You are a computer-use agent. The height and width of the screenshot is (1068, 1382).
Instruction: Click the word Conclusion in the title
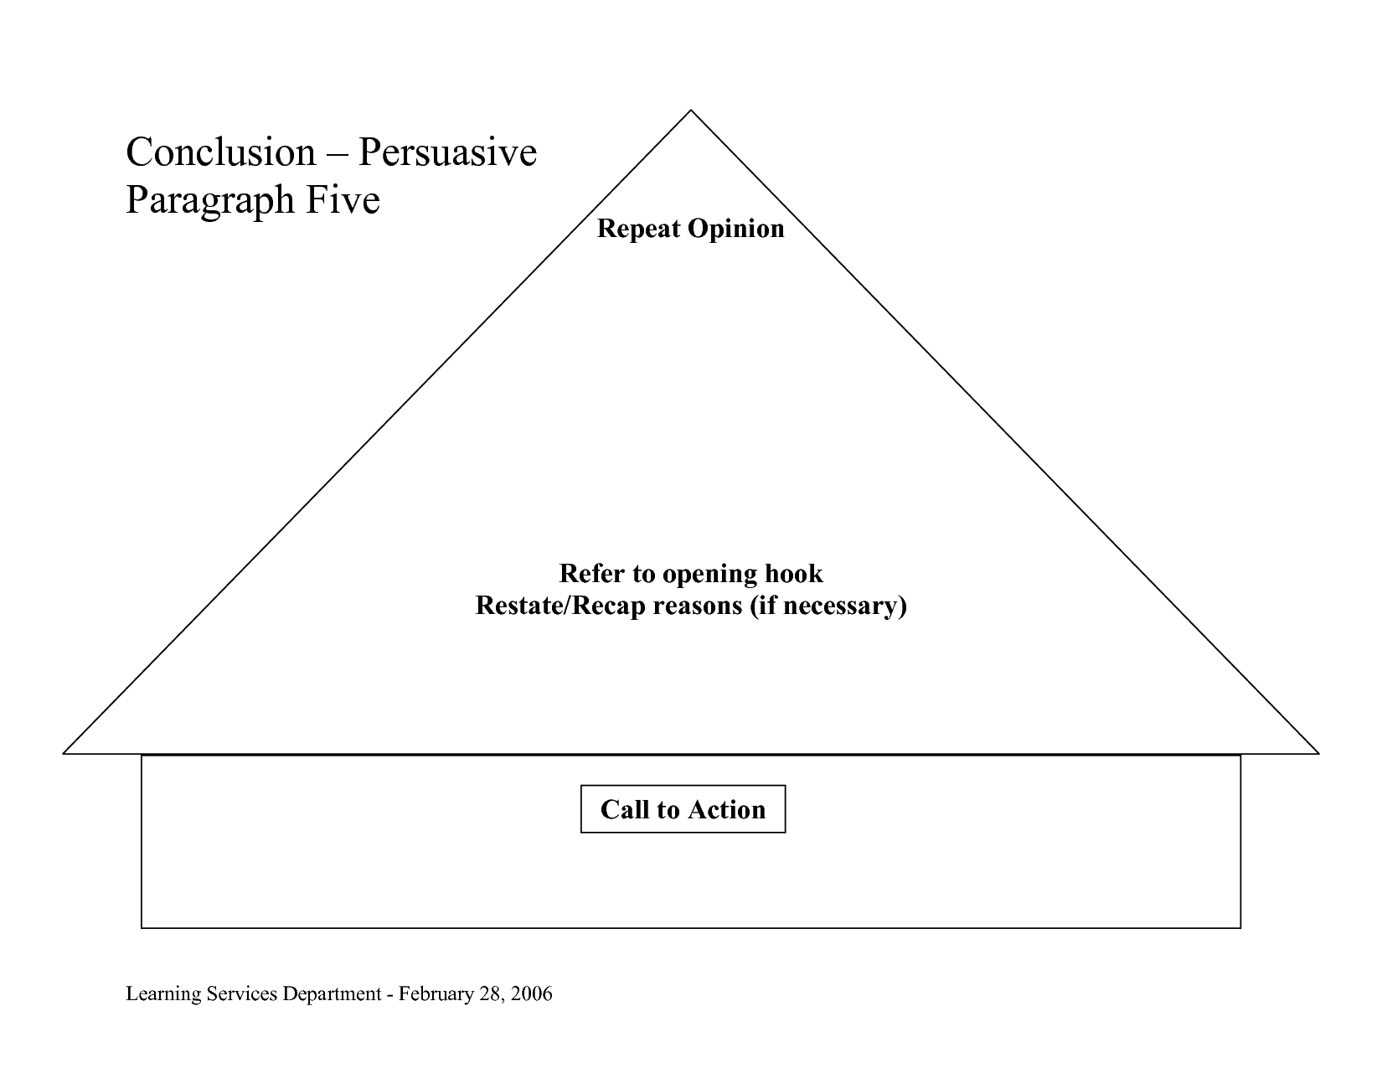coord(220,152)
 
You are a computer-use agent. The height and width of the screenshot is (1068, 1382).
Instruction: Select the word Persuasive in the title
coord(448,152)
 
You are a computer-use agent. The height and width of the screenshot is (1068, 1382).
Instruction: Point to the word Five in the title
coord(343,199)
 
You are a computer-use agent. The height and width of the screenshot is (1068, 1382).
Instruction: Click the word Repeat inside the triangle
coord(638,230)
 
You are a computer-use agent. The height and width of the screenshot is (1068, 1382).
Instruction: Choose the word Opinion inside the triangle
coord(736,230)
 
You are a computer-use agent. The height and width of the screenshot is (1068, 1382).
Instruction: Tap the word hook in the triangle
coord(794,574)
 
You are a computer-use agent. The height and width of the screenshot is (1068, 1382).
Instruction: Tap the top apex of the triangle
coord(691,110)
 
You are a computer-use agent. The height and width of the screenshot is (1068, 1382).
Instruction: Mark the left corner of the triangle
coord(63,754)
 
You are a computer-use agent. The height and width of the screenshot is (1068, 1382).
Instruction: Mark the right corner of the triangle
coord(1319,754)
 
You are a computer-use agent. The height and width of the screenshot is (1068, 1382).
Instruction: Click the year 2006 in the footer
coord(531,993)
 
